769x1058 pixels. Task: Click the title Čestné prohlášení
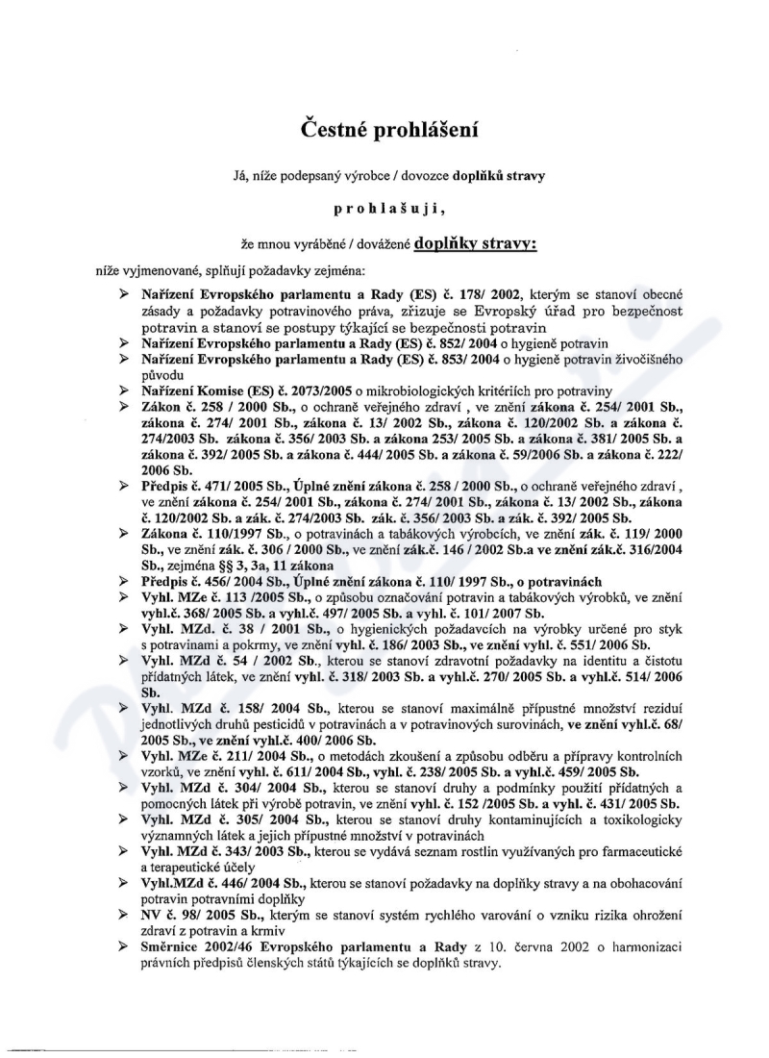(384, 127)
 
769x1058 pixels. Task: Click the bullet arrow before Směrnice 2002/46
(124, 945)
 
